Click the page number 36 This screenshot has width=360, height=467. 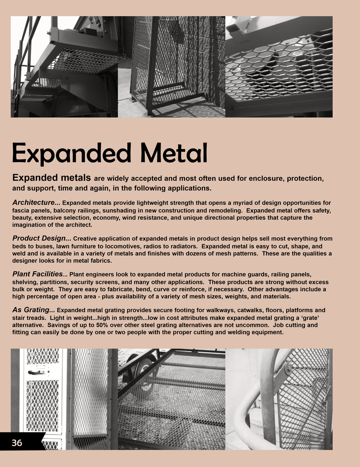pyautogui.click(x=17, y=443)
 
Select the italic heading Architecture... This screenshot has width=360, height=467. pyautogui.click(x=36, y=203)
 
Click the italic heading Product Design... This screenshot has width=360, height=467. pyautogui.click(x=41, y=238)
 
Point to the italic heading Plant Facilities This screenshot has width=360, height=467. pyautogui.click(x=37, y=274)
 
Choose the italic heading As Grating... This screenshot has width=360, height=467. pyautogui.click(x=33, y=310)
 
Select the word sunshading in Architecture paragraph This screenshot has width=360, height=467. pyautogui.click(x=140, y=210)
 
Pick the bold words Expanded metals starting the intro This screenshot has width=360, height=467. pyautogui.click(x=51, y=178)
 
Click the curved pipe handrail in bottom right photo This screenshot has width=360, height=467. pyautogui.click(x=248, y=407)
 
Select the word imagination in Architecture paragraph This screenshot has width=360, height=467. pyautogui.click(x=28, y=225)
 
